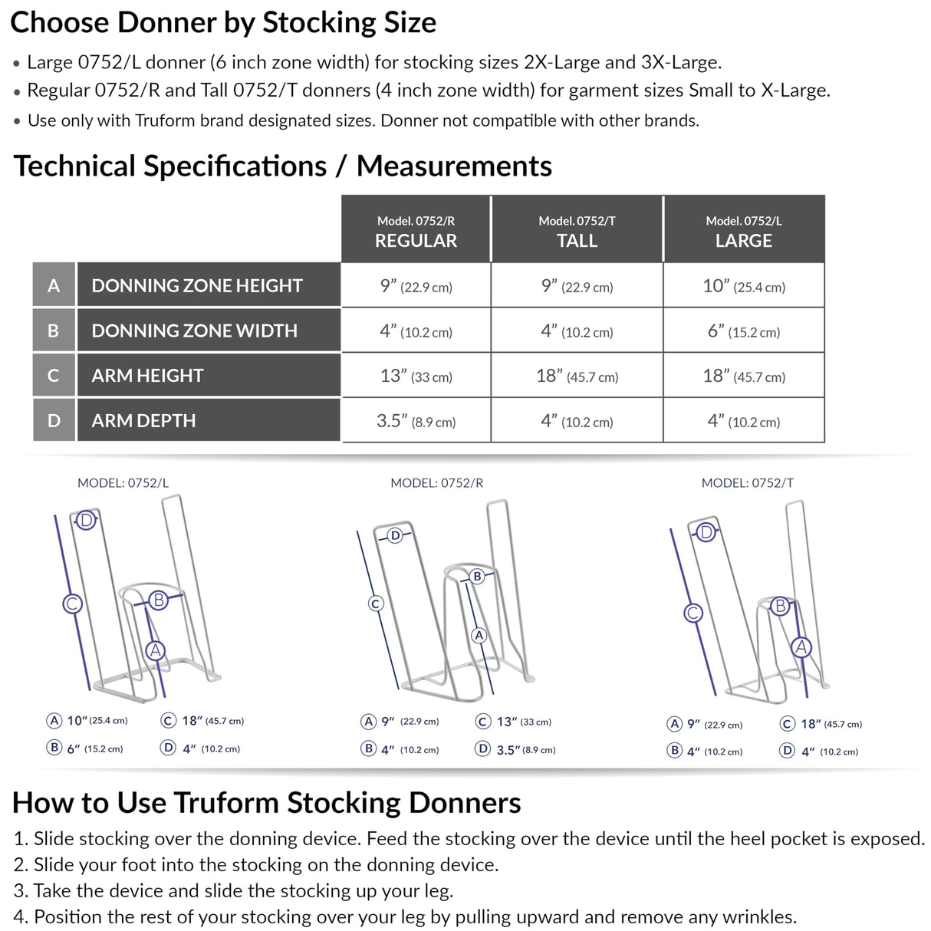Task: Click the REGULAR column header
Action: click(x=416, y=231)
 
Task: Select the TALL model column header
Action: click(x=577, y=231)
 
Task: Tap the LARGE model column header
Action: click(x=743, y=231)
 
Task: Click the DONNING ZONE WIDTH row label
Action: click(x=194, y=331)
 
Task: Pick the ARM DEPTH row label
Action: click(x=143, y=420)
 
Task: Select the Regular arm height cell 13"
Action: click(x=416, y=376)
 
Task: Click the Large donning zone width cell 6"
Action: click(x=743, y=331)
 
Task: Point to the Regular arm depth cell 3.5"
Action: click(x=416, y=421)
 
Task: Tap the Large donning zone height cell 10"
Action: click(x=743, y=286)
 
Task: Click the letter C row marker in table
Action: click(x=54, y=376)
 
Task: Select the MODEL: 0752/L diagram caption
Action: click(x=123, y=483)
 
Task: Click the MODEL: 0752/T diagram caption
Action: click(x=747, y=483)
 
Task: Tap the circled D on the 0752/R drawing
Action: click(x=395, y=535)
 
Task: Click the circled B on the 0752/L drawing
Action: click(x=158, y=600)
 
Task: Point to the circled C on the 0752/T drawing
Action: click(x=693, y=613)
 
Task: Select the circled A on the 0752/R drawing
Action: click(x=479, y=635)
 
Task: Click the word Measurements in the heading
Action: click(x=454, y=166)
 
